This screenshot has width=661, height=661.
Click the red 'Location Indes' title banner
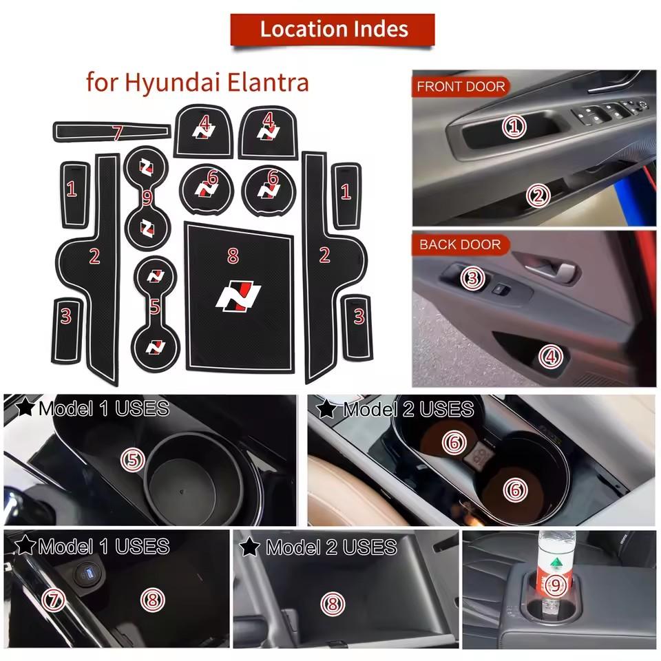coord(334,30)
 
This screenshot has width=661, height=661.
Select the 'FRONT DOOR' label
coord(461,87)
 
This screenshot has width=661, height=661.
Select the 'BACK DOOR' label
coord(460,244)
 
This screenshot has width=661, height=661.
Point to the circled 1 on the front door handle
coord(514,125)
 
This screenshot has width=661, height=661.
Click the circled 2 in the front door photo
coord(538,196)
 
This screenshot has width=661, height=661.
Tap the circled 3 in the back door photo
coord(472,278)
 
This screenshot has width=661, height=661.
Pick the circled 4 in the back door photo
coord(550,356)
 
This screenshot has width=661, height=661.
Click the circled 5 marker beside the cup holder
coord(133,459)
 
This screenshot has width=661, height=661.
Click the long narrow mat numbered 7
coord(112,131)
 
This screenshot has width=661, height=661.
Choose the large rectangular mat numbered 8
coord(238,296)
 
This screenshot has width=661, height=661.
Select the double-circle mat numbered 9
coord(147,199)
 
